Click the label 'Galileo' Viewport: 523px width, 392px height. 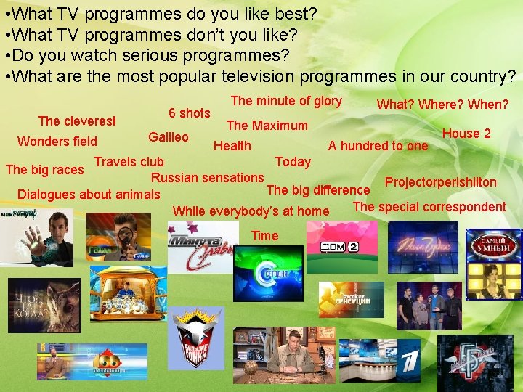[169, 137]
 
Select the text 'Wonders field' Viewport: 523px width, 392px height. [57, 142]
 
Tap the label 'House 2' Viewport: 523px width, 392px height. [466, 133]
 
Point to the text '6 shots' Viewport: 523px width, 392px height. [189, 113]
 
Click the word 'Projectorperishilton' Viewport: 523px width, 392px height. [441, 182]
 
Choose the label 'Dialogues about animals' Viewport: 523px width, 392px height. [89, 194]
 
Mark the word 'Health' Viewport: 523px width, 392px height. [232, 146]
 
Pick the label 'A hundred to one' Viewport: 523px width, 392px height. [378, 145]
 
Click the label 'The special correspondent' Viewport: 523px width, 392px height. [429, 206]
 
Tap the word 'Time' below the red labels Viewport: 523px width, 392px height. [264, 235]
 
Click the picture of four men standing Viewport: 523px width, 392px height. [429, 306]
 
